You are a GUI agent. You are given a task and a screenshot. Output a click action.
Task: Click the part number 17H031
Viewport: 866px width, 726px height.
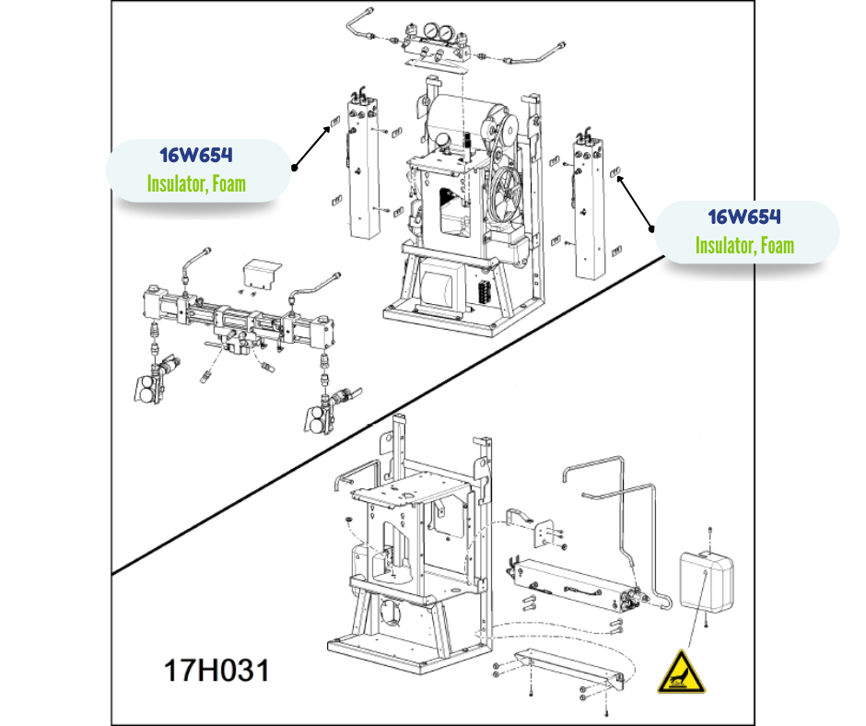pyautogui.click(x=216, y=670)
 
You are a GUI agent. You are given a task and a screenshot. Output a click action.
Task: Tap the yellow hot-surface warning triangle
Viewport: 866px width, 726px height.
pyautogui.click(x=682, y=671)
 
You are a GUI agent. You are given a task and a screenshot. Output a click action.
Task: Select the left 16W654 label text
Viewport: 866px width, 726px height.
pyautogui.click(x=196, y=155)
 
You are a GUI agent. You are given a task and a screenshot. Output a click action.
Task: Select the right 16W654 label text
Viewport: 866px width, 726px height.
pyautogui.click(x=744, y=217)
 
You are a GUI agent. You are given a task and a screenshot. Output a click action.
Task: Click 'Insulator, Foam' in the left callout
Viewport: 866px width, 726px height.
pyautogui.click(x=196, y=183)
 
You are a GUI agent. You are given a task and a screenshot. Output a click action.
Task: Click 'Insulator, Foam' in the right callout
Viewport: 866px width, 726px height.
pyautogui.click(x=744, y=246)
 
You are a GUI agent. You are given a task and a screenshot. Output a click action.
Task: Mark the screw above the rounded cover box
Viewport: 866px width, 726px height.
pyautogui.click(x=710, y=531)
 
